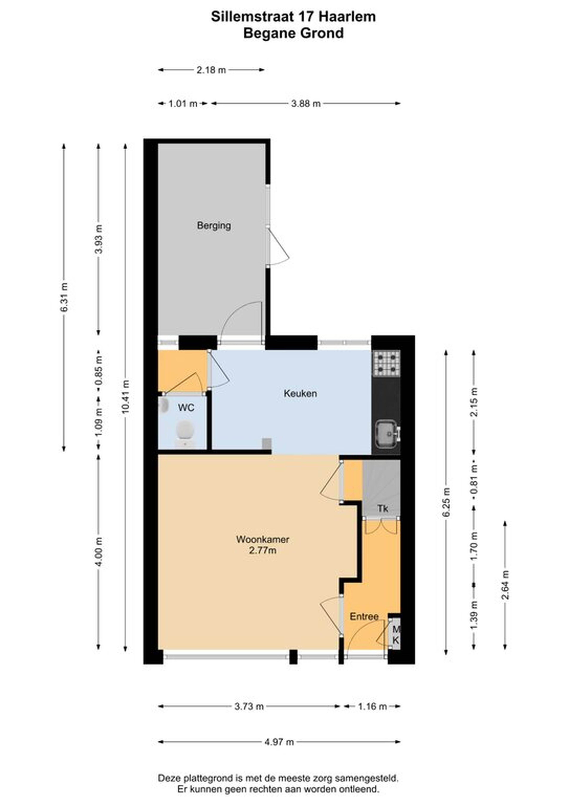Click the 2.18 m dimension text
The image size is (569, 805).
[211, 70]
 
